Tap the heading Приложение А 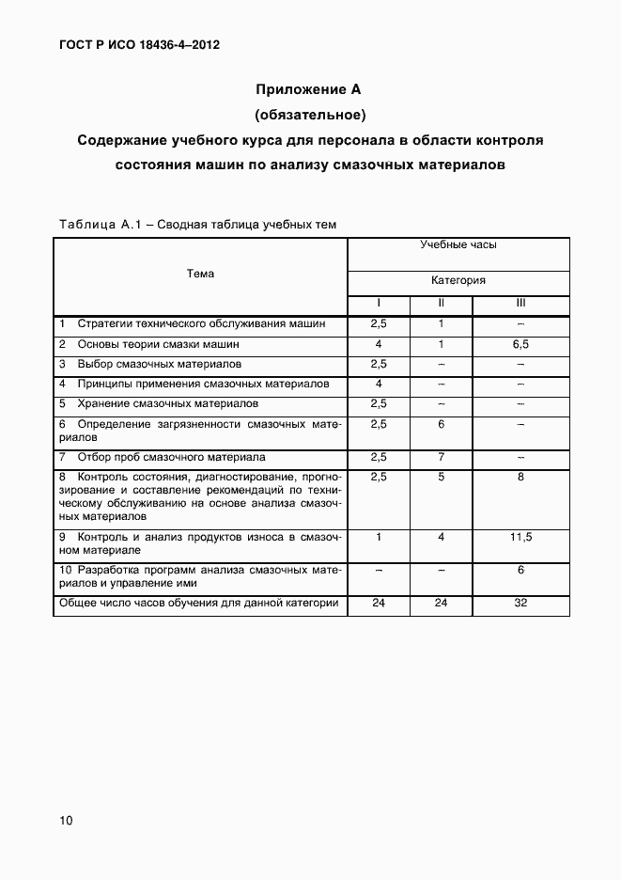click(309, 90)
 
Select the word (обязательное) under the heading click(309, 116)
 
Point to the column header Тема click(200, 274)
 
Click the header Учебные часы click(458, 244)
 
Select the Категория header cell click(458, 280)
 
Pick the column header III click(520, 303)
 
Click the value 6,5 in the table click(520, 344)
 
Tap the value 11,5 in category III click(520, 537)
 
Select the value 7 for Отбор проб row click(440, 457)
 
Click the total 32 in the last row click(520, 603)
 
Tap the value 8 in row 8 click(520, 477)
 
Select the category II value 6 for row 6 click(440, 424)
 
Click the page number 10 click(66, 821)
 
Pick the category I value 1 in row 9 click(379, 537)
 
